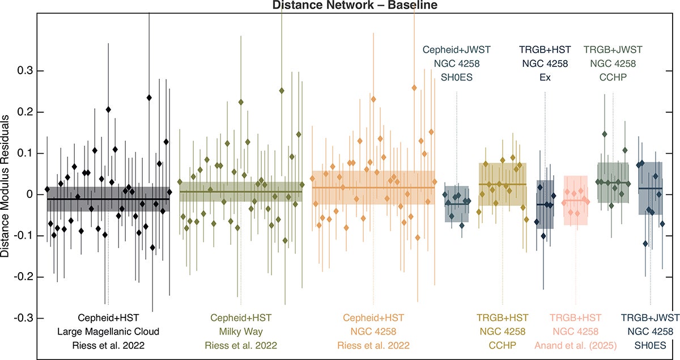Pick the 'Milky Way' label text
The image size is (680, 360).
pyautogui.click(x=240, y=332)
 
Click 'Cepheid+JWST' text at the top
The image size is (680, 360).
pyautogui.click(x=456, y=50)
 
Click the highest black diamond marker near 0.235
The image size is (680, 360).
pyautogui.click(x=149, y=98)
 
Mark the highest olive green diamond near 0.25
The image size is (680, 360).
pyautogui.click(x=282, y=91)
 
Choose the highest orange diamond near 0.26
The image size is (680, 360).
pyautogui.click(x=414, y=88)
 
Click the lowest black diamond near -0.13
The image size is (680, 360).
pyautogui.click(x=152, y=247)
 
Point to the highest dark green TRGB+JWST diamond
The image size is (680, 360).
pyautogui.click(x=605, y=134)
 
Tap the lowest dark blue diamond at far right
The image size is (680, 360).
pyautogui.click(x=645, y=243)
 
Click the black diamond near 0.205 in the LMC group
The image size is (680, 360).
pyautogui.click(x=108, y=109)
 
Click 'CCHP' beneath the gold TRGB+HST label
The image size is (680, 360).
pyautogui.click(x=501, y=345)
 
